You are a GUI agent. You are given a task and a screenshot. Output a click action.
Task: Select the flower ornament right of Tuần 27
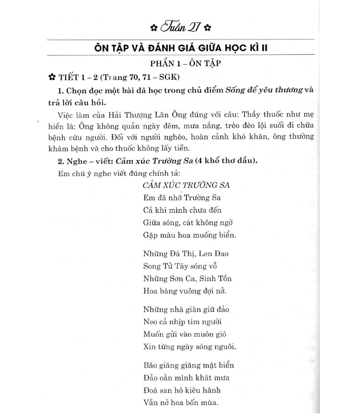point(207,27)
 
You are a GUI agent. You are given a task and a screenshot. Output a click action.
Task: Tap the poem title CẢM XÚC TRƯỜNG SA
point(186,186)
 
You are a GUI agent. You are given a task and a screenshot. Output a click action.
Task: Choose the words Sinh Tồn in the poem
point(215,278)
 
